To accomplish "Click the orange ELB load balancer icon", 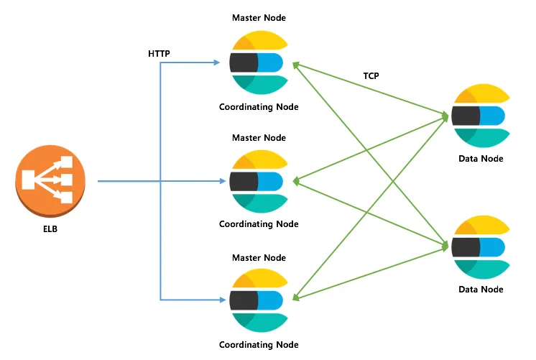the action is click(50, 181).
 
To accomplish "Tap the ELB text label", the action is click(50, 229).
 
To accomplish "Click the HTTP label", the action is click(159, 54).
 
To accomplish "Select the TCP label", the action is click(371, 76).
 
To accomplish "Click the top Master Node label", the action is click(259, 18).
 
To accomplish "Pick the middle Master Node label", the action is click(259, 138).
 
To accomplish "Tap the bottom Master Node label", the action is click(259, 258).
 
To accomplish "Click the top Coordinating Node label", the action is click(259, 107).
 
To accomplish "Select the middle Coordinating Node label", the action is click(259, 224).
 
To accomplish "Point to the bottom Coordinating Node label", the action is click(259, 345).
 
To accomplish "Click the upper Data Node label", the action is click(481, 159).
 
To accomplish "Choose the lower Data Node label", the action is click(481, 290).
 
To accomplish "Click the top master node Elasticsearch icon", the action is click(259, 63).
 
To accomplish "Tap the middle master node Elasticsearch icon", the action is click(259, 182).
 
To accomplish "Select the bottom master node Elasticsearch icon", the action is click(259, 300).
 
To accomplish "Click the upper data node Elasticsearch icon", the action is click(481, 116).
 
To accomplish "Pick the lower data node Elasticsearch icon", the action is click(481, 247).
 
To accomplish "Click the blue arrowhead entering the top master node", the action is click(216, 63).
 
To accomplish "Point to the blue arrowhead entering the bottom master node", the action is click(223, 300).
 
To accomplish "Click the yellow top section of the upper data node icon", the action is click(482, 93).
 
